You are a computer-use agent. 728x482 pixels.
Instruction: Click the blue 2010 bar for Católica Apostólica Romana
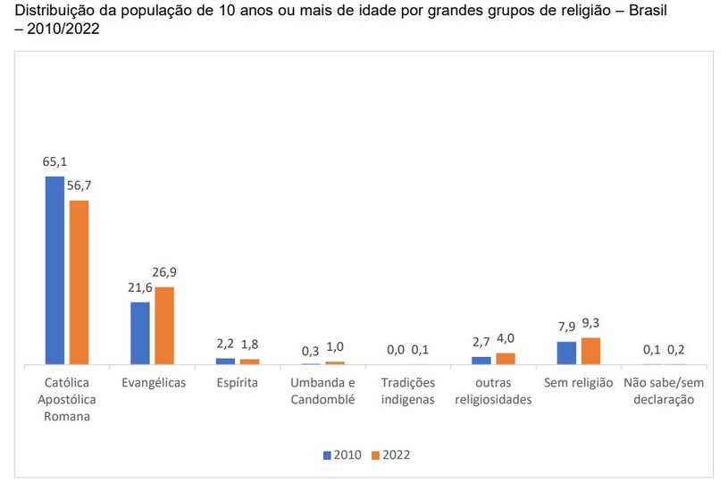[54, 270]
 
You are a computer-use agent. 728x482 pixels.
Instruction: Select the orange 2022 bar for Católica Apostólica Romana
[79, 282]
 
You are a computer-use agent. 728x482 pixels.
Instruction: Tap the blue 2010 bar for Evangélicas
[140, 333]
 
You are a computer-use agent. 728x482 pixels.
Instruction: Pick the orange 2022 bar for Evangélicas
[164, 326]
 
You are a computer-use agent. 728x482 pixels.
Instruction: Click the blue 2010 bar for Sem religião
[566, 353]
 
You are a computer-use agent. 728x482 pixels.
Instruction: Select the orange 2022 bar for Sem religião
[590, 351]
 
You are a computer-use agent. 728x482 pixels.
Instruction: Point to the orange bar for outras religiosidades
[506, 359]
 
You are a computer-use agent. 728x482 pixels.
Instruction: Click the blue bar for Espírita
[225, 361]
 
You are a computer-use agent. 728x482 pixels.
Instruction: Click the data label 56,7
[79, 186]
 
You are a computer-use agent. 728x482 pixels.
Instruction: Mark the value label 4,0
[506, 338]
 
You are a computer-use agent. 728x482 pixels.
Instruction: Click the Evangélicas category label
[153, 383]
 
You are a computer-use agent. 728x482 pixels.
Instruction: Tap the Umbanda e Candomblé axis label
[322, 391]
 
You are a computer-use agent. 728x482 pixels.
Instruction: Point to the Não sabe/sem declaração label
[663, 391]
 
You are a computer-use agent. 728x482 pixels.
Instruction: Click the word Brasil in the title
[643, 11]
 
